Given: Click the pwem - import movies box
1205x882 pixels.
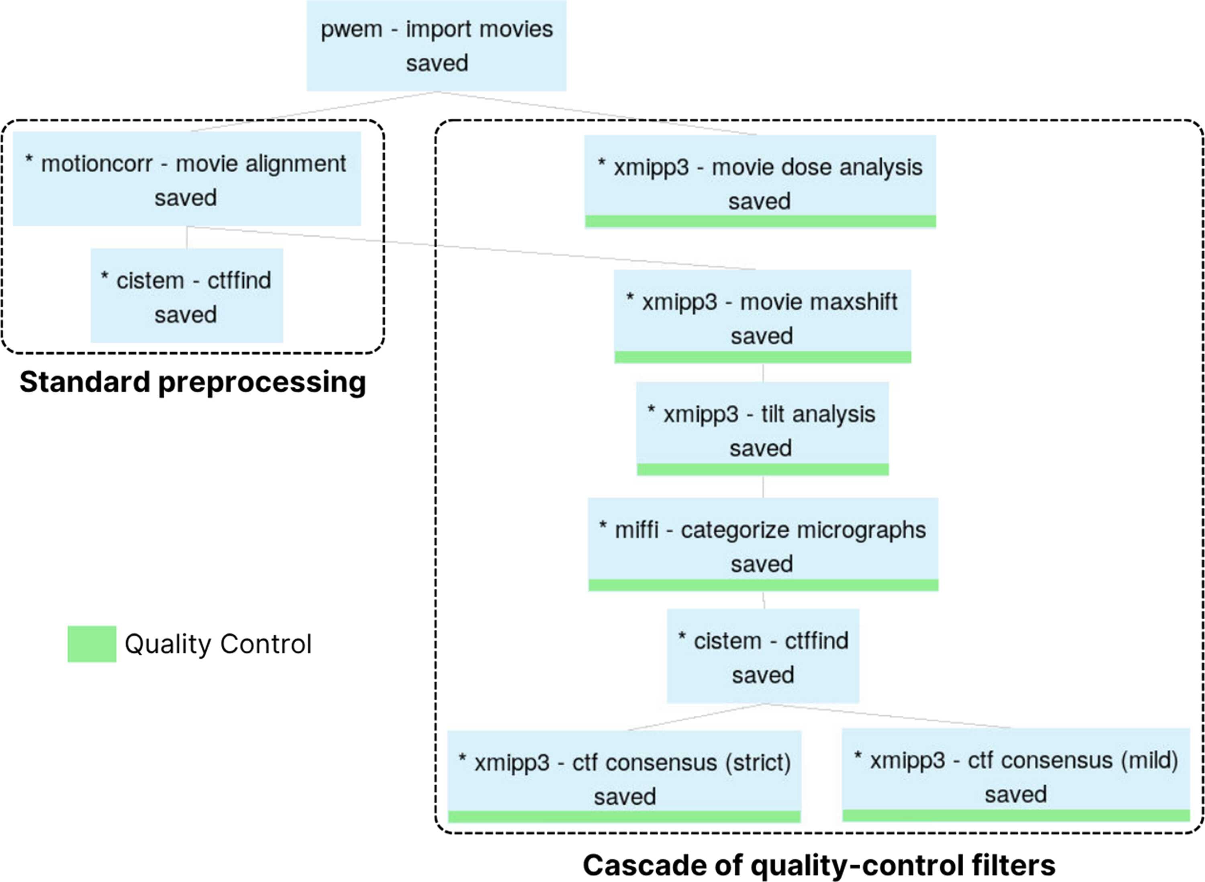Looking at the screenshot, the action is click(436, 45).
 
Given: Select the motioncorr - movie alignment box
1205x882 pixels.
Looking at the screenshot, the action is click(187, 179).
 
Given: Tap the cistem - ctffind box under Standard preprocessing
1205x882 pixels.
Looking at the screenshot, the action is click(187, 295).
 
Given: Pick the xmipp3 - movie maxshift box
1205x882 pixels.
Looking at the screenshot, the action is click(762, 316).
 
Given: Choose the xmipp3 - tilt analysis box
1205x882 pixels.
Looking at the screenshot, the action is click(762, 429).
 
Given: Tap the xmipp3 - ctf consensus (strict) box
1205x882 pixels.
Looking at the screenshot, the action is click(624, 777).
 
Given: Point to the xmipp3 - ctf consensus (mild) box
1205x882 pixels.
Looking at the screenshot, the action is click(1016, 775).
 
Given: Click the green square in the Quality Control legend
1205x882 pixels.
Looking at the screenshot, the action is click(92, 644).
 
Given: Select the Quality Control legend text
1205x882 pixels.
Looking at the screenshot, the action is click(218, 644).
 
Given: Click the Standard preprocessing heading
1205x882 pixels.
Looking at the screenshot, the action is click(193, 382).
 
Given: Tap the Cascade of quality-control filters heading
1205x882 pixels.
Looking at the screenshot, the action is click(819, 865).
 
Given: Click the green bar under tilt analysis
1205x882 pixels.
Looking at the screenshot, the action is click(762, 469).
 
